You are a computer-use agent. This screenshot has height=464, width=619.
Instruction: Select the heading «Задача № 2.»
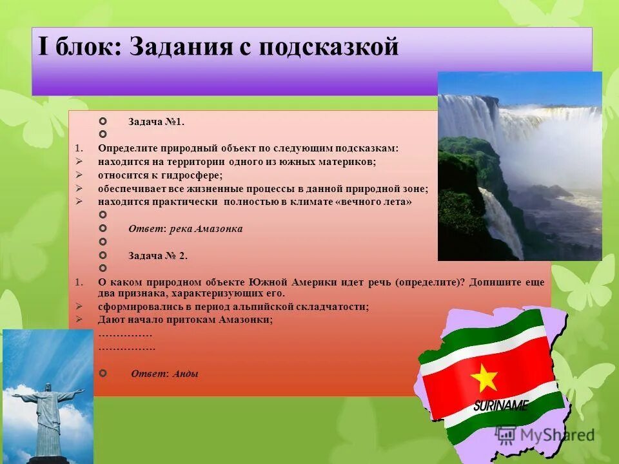click(158, 255)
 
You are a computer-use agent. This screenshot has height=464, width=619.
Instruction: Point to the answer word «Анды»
click(186, 373)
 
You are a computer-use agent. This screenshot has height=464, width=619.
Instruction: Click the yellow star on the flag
click(484, 377)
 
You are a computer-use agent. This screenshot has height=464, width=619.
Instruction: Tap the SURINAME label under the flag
click(500, 406)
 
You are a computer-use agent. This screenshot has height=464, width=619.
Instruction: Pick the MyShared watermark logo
click(545, 434)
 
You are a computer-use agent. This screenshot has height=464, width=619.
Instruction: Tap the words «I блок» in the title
click(79, 48)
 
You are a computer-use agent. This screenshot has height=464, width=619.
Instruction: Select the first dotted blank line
click(125, 334)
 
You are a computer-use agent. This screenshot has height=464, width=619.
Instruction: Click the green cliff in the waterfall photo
click(464, 174)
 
